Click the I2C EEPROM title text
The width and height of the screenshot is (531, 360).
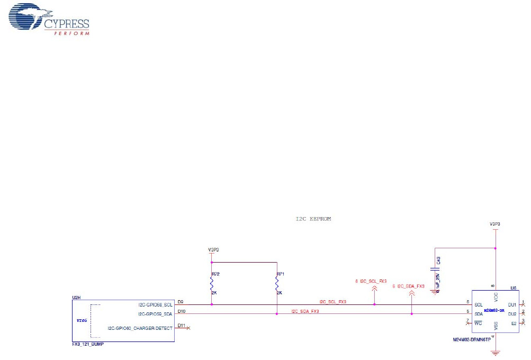[x=313, y=219]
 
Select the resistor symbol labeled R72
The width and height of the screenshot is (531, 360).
[x=212, y=284]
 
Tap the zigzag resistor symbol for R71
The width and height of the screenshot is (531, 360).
[x=277, y=284]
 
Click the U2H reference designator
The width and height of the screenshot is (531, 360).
[x=75, y=298]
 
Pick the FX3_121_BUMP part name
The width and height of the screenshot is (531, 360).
[x=88, y=344]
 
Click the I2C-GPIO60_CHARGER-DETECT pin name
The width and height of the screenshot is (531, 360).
[x=140, y=328]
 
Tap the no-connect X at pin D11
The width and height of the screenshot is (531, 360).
[x=189, y=328]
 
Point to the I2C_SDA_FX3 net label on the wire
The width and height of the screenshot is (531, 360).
[x=305, y=311]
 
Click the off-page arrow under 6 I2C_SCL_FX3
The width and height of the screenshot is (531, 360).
[x=374, y=288]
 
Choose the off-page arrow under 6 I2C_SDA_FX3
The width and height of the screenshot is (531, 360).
[x=412, y=292]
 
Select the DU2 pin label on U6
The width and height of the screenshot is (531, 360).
[x=511, y=314]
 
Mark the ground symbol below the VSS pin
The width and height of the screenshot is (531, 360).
[x=496, y=351]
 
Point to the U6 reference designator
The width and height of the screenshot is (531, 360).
[x=513, y=288]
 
